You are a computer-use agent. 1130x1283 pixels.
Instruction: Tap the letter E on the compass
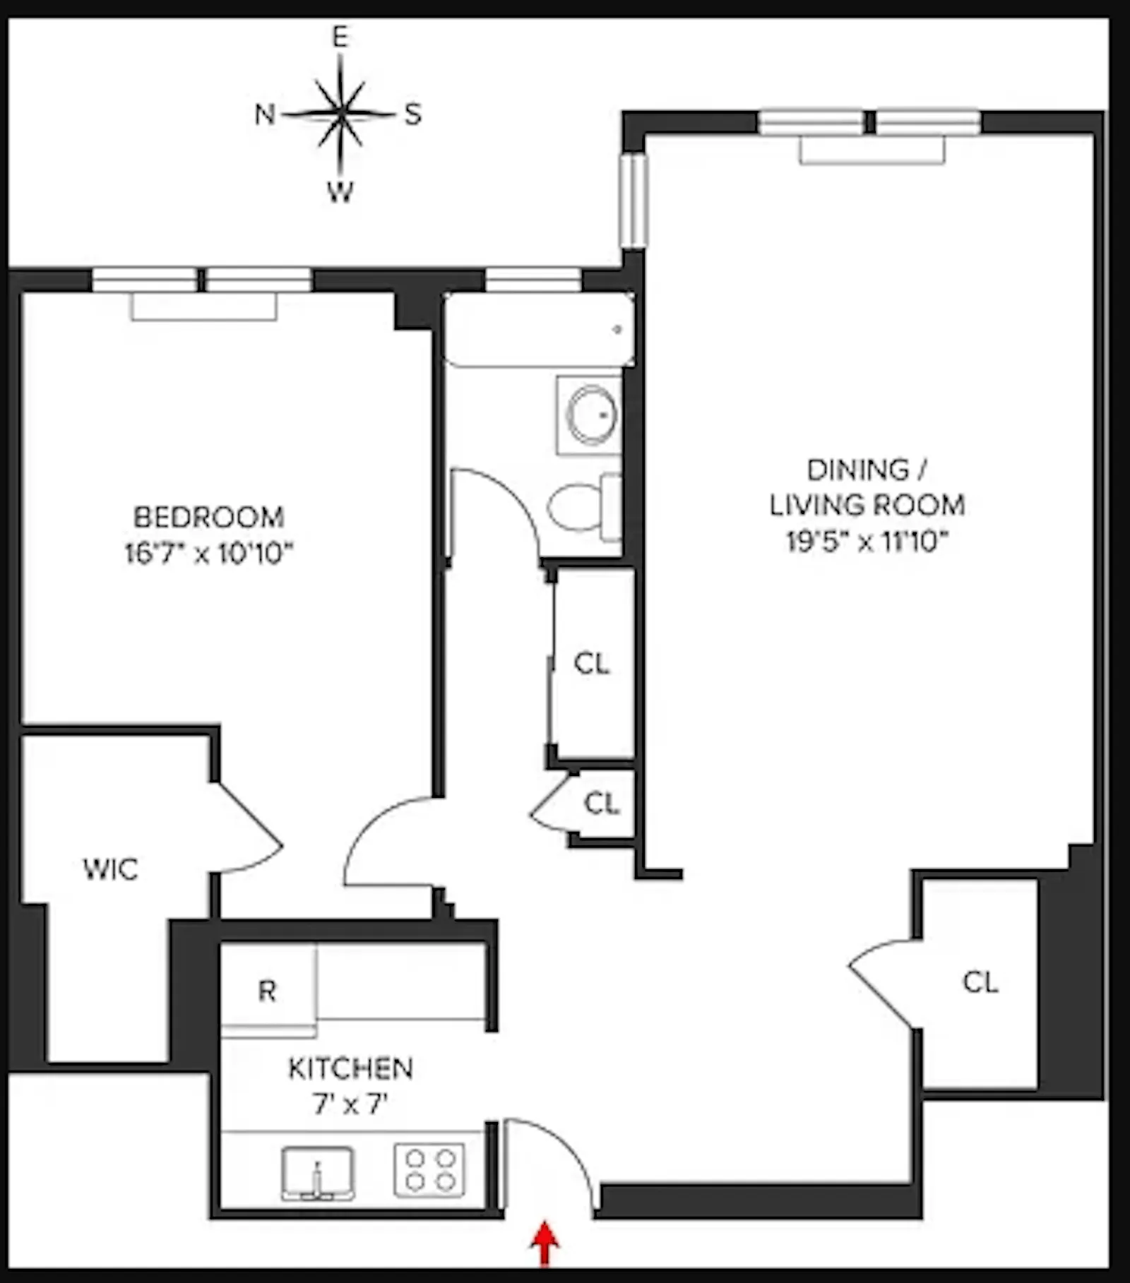[x=341, y=37]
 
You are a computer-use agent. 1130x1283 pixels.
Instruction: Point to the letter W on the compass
[x=340, y=191]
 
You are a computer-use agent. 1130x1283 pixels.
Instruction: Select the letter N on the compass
[x=265, y=114]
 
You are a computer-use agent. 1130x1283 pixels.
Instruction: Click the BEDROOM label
[x=209, y=517]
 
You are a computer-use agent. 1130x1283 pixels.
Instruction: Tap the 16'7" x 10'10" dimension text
[x=209, y=553]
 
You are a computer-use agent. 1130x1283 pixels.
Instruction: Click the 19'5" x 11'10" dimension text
[x=867, y=542]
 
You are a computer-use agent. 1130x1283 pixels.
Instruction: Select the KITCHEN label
[x=350, y=1068]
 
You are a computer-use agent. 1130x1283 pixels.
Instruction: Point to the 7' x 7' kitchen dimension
[x=350, y=1104]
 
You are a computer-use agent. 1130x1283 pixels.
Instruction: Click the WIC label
[x=110, y=869]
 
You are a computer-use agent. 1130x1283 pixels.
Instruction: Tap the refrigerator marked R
[x=268, y=991]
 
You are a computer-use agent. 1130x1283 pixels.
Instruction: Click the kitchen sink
[x=318, y=1172]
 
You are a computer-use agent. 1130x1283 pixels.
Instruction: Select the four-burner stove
[x=429, y=1170]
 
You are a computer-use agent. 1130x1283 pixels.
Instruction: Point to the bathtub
[x=539, y=330]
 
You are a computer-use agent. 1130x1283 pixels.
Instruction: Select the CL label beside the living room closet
[x=980, y=982]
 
